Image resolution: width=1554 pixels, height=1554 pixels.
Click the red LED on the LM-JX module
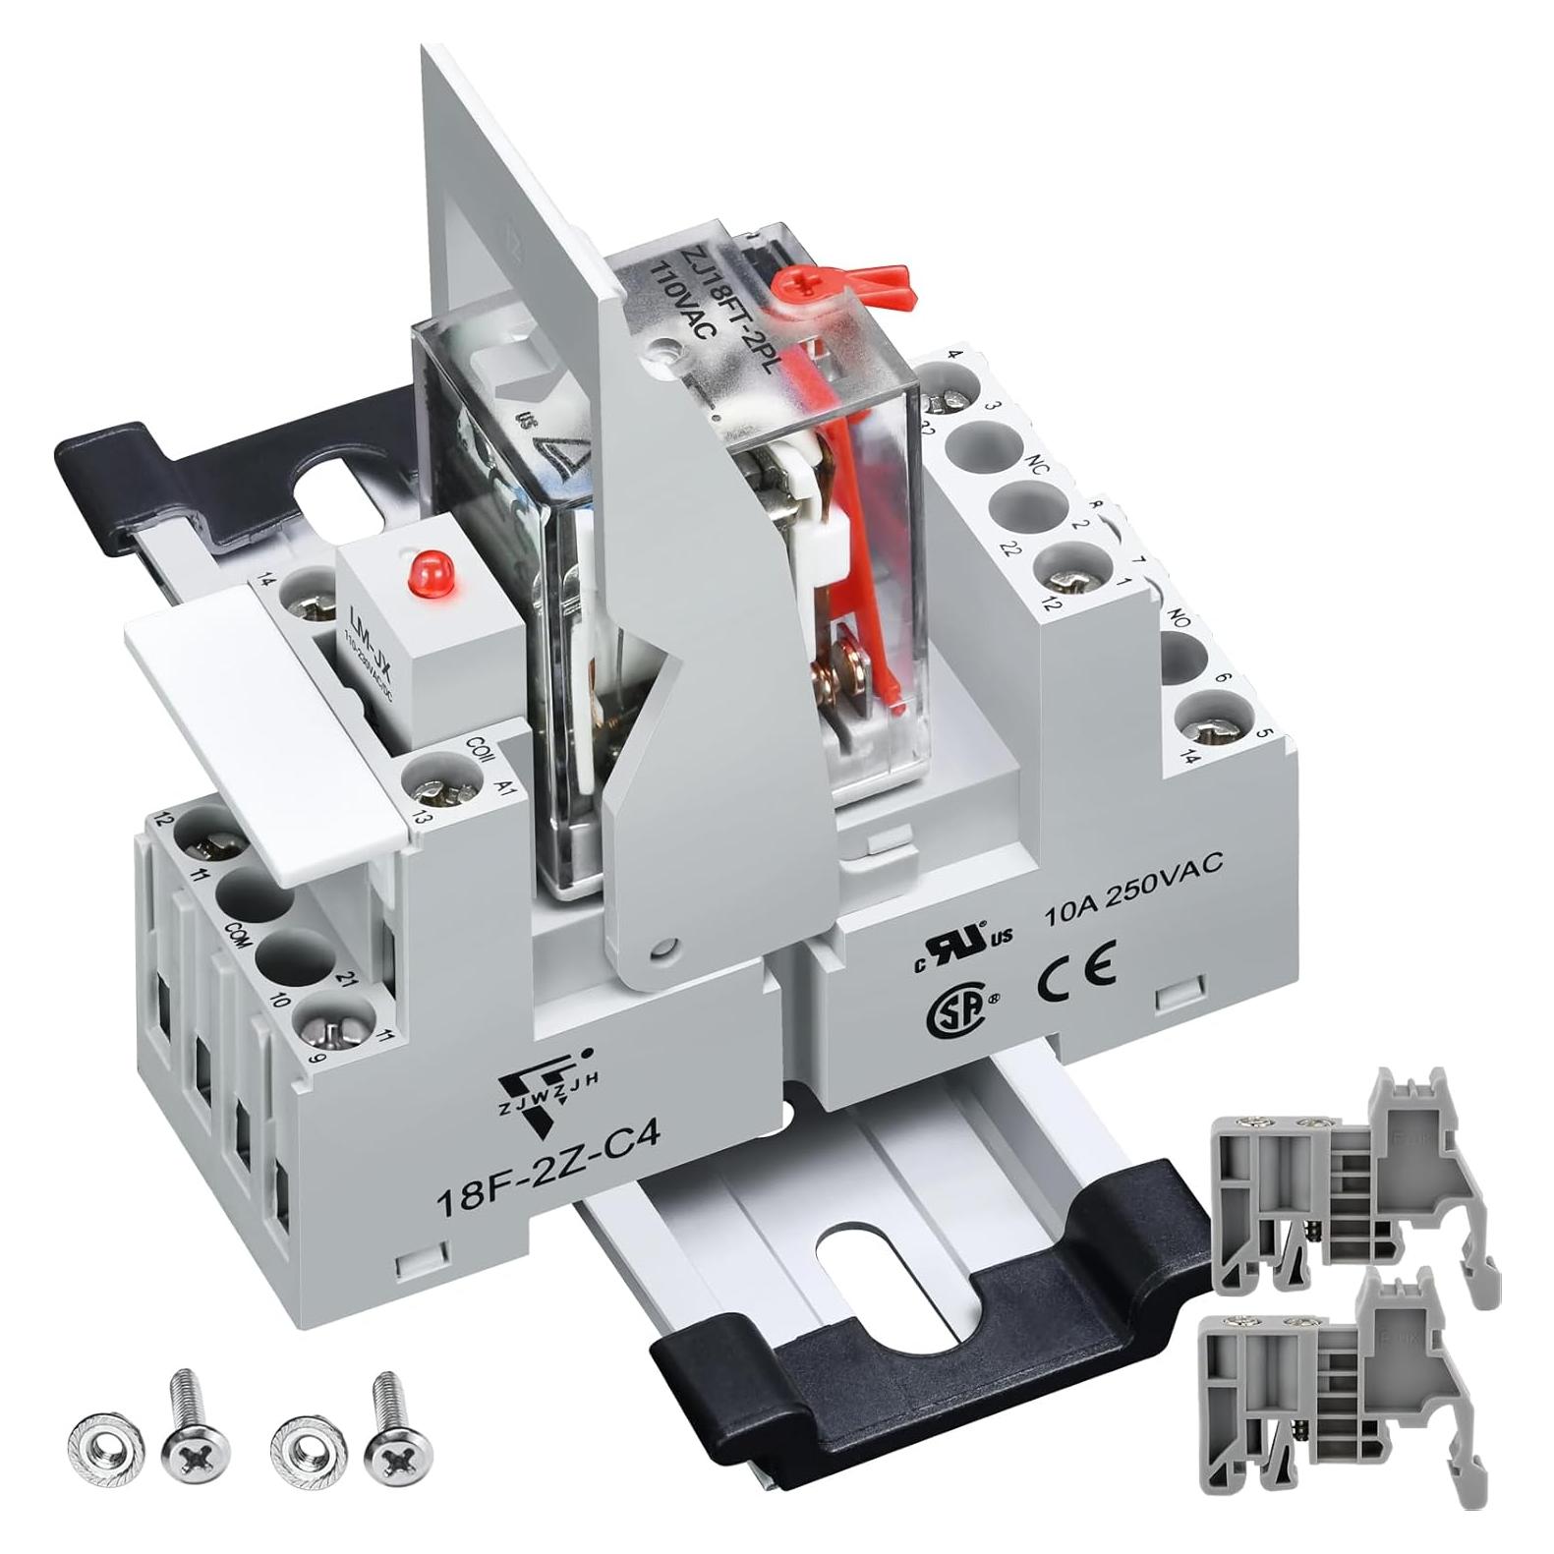pyautogui.click(x=426, y=569)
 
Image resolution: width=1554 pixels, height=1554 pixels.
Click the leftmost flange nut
pyautogui.click(x=104, y=1445)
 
